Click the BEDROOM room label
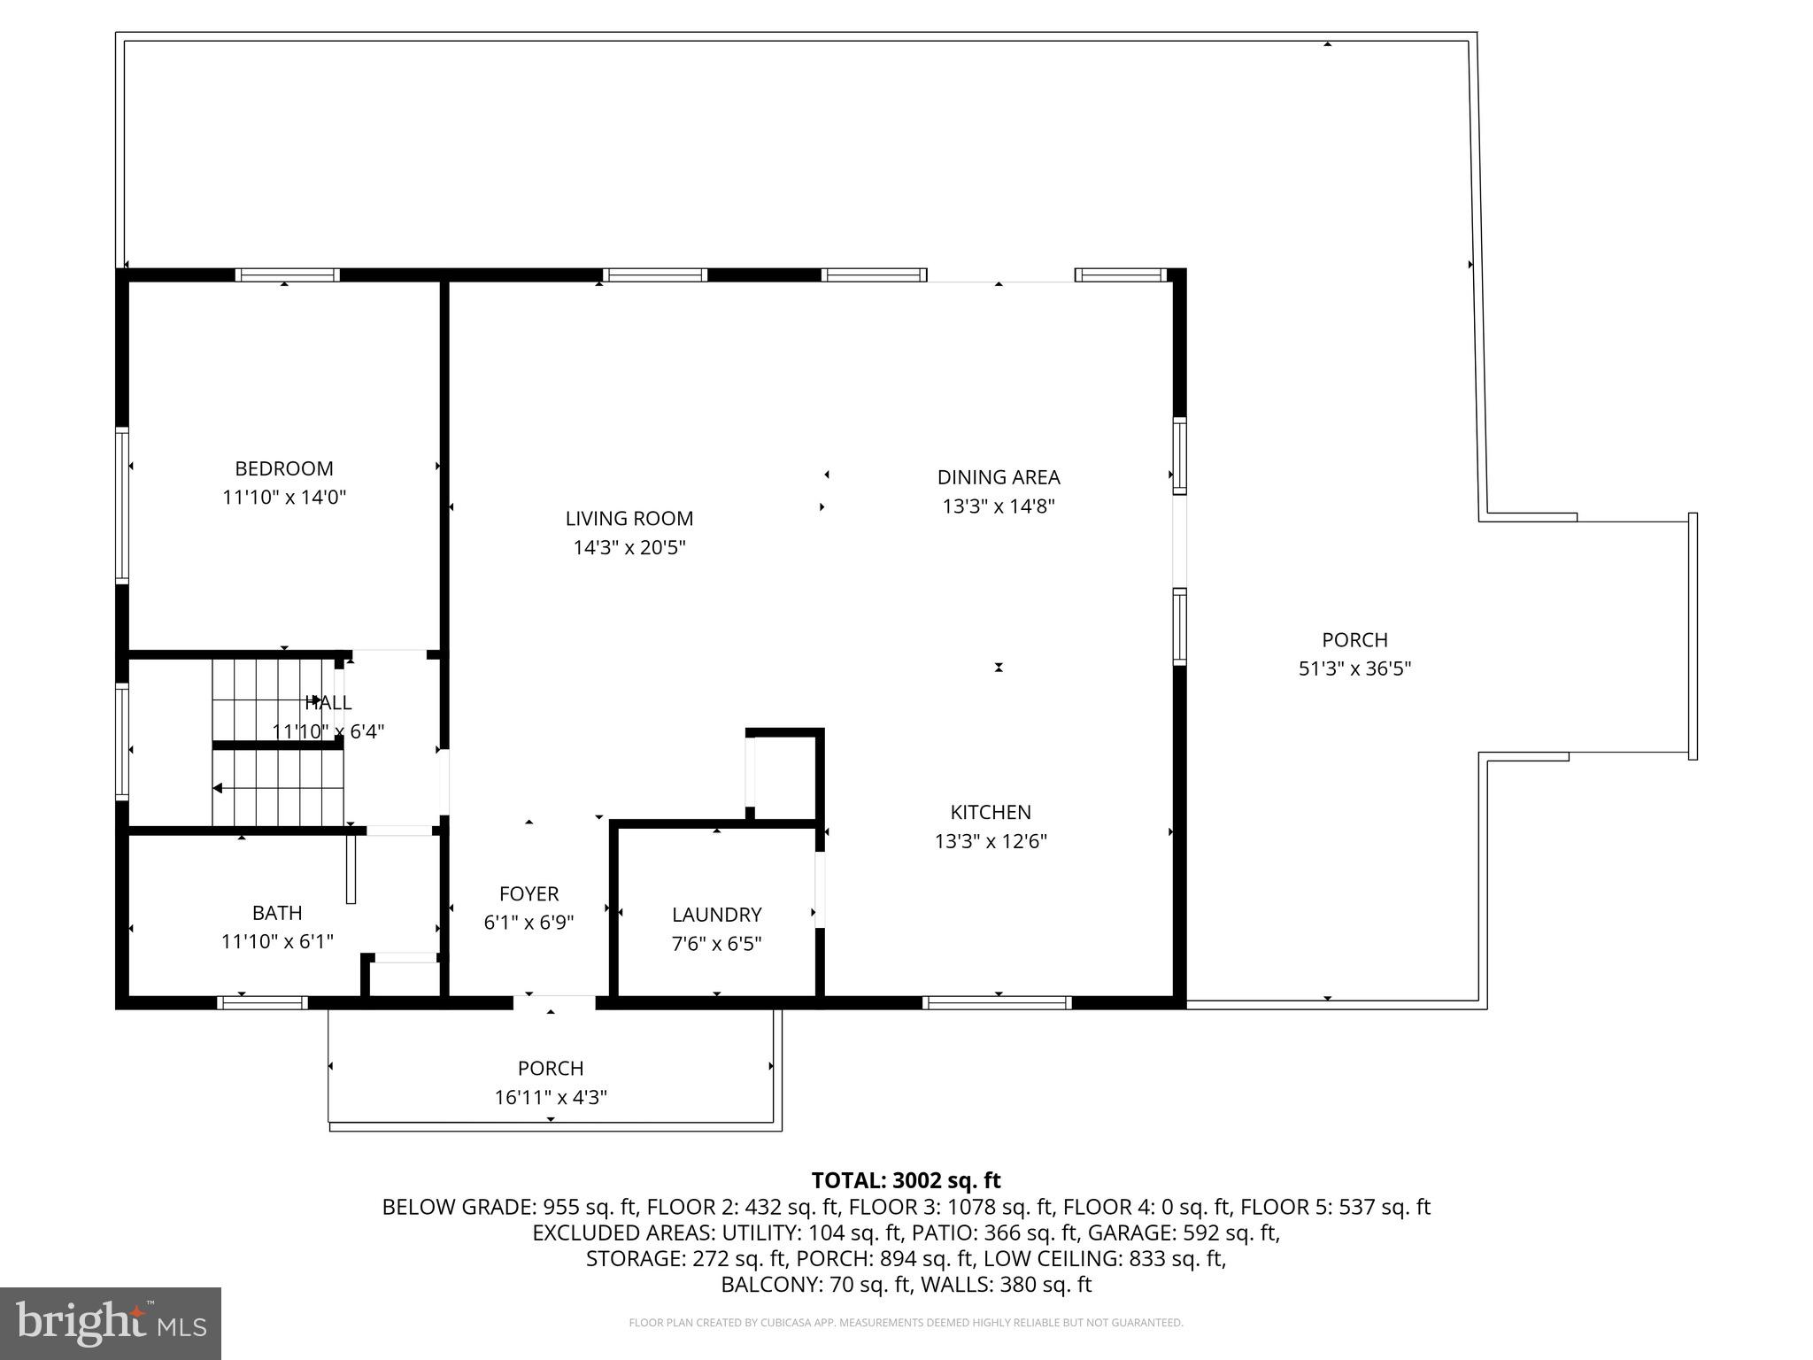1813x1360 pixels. point(283,468)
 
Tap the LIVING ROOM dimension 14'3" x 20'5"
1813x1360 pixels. point(629,548)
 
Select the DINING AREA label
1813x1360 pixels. point(998,477)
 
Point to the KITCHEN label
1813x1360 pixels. point(991,812)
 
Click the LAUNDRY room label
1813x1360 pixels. point(716,915)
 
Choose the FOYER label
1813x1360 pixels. point(528,894)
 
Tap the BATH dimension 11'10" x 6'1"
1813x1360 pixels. point(277,941)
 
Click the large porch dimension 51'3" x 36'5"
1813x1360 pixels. point(1354,668)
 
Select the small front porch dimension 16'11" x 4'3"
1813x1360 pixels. point(550,1098)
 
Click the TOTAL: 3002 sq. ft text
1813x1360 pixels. point(906,1180)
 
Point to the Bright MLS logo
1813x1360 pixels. point(110,1323)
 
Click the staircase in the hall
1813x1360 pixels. point(277,744)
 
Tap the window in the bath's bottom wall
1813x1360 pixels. point(262,1002)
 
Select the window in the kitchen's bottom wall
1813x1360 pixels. point(997,1002)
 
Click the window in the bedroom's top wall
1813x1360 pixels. point(287,274)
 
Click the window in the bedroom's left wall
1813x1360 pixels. point(122,505)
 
